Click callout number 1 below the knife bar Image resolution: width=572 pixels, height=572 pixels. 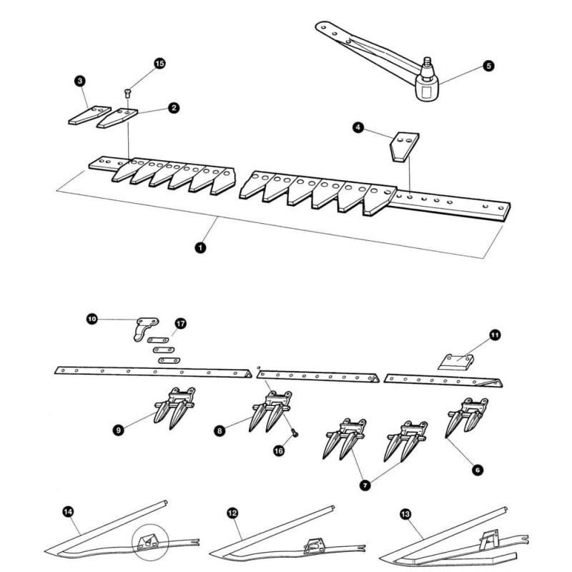tap(200, 247)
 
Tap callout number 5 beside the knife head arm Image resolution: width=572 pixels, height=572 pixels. tap(488, 66)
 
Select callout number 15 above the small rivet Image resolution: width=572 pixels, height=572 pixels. tap(159, 64)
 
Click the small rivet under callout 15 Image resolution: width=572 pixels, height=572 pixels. tap(127, 93)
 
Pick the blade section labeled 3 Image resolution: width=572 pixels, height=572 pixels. tap(90, 115)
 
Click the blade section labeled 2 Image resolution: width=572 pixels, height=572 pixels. tap(117, 118)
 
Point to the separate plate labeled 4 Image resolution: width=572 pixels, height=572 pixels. tap(404, 146)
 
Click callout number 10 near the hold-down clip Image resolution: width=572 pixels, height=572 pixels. tap(92, 319)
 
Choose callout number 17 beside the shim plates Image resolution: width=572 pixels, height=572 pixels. tap(180, 324)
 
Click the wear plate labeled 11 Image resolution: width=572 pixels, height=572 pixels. tap(456, 362)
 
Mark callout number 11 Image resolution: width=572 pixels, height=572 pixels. tap(495, 335)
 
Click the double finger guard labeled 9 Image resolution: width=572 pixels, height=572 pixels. tap(174, 408)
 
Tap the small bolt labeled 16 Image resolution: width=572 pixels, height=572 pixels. tap(295, 433)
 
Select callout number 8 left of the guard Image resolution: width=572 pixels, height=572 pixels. tap(220, 431)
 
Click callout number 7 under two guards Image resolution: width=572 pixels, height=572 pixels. tap(365, 485)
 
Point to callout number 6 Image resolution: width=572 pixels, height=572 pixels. tap(478, 470)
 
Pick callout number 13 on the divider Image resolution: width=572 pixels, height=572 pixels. tap(405, 514)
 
